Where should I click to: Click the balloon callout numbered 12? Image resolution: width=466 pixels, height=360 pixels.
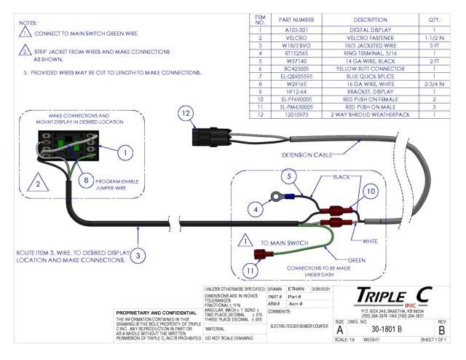click(186, 113)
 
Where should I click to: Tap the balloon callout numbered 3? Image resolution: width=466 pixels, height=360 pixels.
click(138, 255)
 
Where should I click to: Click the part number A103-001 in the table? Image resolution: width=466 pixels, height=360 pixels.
click(296, 31)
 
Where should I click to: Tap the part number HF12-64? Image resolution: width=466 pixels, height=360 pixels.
click(296, 92)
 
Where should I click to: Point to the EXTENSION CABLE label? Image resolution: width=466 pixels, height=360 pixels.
click(304, 155)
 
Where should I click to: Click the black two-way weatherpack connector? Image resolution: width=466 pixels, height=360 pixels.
click(209, 136)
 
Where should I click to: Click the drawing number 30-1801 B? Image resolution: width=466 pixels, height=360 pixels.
click(390, 329)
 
